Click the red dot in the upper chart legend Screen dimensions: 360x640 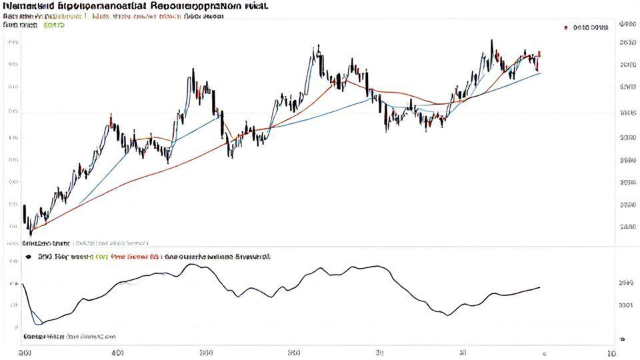tap(565, 28)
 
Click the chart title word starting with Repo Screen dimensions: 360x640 tap(193, 5)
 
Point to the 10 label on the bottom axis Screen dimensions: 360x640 tap(611, 351)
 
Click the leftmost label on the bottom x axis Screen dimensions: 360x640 tap(24, 351)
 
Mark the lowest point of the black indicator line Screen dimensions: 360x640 tap(39, 324)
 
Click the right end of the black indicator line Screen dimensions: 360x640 tap(539, 287)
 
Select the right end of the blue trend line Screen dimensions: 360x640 tap(540, 72)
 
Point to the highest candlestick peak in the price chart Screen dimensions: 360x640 tap(491, 41)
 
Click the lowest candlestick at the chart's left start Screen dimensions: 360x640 tap(30, 233)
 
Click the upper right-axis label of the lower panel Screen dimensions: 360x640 tap(625, 283)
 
